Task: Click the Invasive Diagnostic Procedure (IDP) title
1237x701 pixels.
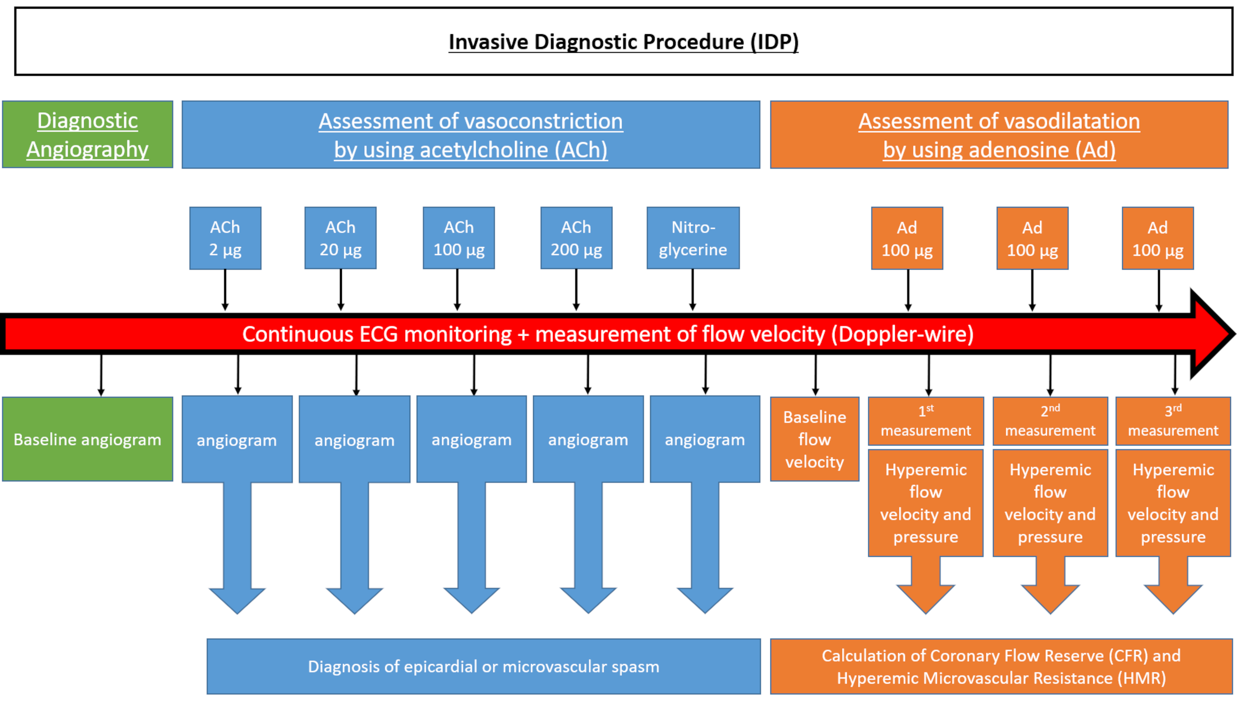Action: tap(623, 42)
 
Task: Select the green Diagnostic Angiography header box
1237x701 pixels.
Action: tap(87, 134)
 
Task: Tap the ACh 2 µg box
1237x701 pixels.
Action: tap(225, 238)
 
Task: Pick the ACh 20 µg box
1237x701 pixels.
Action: tap(340, 238)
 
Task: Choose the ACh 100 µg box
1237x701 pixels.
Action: tap(459, 238)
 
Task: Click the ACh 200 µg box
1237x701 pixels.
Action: tap(576, 238)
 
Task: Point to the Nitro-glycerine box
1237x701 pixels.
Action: tap(693, 238)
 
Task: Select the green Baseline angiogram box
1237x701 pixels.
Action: tap(87, 439)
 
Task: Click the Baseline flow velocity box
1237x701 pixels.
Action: tap(814, 439)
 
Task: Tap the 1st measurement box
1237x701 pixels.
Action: tap(926, 421)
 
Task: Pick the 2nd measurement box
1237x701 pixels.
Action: tap(1050, 421)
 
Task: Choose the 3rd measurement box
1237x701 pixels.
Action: tap(1173, 421)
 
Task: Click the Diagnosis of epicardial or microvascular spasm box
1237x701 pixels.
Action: tap(483, 666)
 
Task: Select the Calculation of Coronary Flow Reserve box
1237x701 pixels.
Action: tap(1001, 666)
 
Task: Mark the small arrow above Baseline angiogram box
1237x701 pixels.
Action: tap(101, 376)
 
